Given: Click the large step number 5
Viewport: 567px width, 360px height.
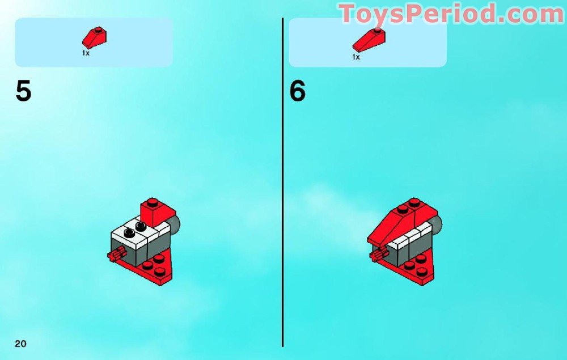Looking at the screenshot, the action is (x=23, y=91).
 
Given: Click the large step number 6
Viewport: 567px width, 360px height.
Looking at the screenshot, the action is (x=297, y=91).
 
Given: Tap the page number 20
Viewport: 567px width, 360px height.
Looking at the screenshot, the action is (x=20, y=344).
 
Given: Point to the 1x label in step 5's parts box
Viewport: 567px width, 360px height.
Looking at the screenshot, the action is (x=86, y=53).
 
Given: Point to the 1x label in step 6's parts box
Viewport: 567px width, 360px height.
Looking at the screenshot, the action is (x=356, y=57).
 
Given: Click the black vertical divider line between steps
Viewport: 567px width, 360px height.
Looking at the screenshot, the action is (x=283, y=182).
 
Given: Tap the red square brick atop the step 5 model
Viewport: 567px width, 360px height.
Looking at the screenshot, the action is (x=158, y=211).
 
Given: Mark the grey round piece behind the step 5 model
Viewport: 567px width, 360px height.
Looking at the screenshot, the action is (x=175, y=225).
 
